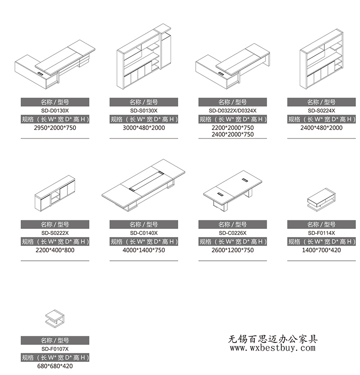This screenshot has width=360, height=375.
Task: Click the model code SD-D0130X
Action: (x=55, y=111)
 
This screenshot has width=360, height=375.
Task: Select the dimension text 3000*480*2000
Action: (x=144, y=128)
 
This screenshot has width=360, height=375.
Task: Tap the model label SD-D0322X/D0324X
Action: (x=232, y=111)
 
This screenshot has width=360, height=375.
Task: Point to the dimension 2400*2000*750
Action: (x=232, y=134)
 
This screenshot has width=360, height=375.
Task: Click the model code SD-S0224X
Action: (x=321, y=111)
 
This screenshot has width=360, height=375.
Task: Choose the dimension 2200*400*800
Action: (x=55, y=250)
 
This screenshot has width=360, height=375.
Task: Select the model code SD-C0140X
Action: (x=144, y=233)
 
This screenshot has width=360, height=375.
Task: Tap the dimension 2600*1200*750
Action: (x=232, y=250)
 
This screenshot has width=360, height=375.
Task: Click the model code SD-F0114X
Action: (x=321, y=233)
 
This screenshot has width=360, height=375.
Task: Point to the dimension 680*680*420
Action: (x=55, y=366)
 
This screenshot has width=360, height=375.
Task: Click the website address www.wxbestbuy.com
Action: (x=273, y=348)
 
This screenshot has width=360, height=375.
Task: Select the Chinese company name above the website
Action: (x=273, y=339)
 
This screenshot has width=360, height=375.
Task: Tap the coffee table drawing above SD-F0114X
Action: (x=321, y=199)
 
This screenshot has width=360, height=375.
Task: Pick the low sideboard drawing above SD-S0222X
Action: (x=55, y=193)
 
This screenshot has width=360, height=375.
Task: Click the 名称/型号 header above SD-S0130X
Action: (x=144, y=102)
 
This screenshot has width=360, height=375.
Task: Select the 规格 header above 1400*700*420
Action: (x=321, y=241)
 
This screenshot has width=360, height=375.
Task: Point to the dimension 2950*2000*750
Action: (x=55, y=128)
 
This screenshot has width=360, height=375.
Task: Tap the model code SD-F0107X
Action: (x=55, y=349)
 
